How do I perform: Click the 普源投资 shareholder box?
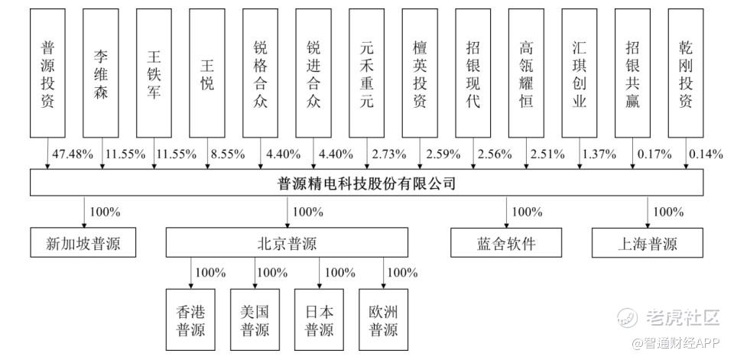pyautogui.click(x=47, y=73)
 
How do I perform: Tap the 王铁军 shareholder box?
pyautogui.click(x=154, y=73)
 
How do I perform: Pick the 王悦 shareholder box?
pyautogui.click(x=206, y=73)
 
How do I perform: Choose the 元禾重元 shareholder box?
pyautogui.click(x=366, y=73)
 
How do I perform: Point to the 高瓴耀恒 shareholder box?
pyautogui.click(x=525, y=73)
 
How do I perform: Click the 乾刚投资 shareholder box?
pyautogui.click(x=685, y=73)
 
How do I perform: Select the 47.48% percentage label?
pyautogui.click(x=72, y=154)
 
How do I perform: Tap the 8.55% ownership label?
pyautogui.click(x=228, y=154)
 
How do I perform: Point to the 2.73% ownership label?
pyautogui.click(x=388, y=154)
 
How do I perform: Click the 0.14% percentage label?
pyautogui.click(x=705, y=154)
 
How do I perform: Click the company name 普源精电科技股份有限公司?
pyautogui.click(x=367, y=183)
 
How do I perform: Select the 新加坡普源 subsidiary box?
pyautogui.click(x=83, y=245)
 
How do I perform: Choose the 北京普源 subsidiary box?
pyautogui.click(x=287, y=245)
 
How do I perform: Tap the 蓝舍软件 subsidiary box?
pyautogui.click(x=505, y=245)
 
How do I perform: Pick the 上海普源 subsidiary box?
pyautogui.click(x=647, y=245)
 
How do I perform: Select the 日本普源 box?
pyautogui.click(x=319, y=320)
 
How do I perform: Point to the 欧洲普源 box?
pyautogui.click(x=383, y=320)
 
